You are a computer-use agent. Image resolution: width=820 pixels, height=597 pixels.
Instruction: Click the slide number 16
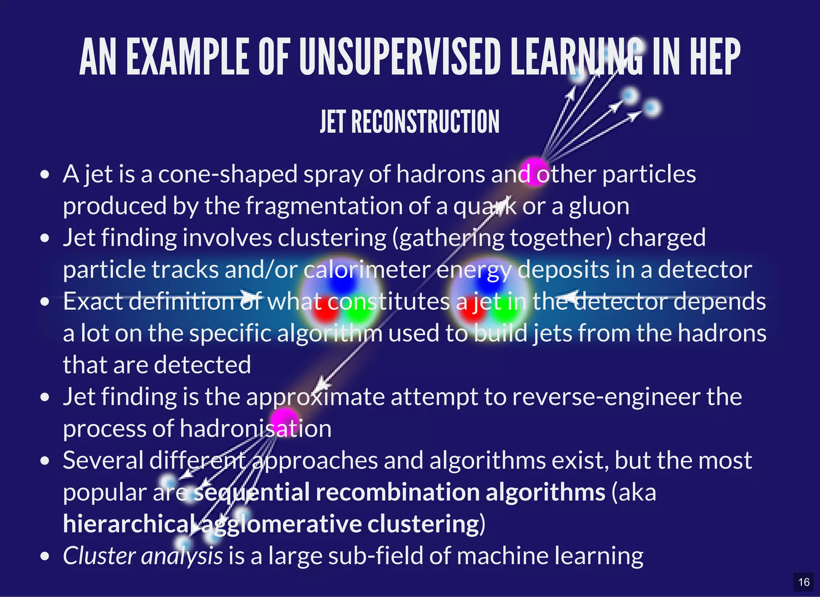coord(804,582)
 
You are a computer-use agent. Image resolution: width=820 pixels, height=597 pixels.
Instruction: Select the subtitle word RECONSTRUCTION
coord(425,122)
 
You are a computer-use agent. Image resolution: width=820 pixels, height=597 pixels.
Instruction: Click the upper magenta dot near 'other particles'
coord(534,171)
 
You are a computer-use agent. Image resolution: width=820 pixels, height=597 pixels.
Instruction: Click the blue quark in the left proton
coord(341,282)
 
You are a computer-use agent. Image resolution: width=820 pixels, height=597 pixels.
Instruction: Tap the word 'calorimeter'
coord(367,270)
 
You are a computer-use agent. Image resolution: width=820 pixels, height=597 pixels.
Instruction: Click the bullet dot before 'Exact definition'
coord(45,302)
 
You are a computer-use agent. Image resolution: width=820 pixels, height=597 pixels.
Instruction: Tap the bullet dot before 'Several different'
coord(45,461)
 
